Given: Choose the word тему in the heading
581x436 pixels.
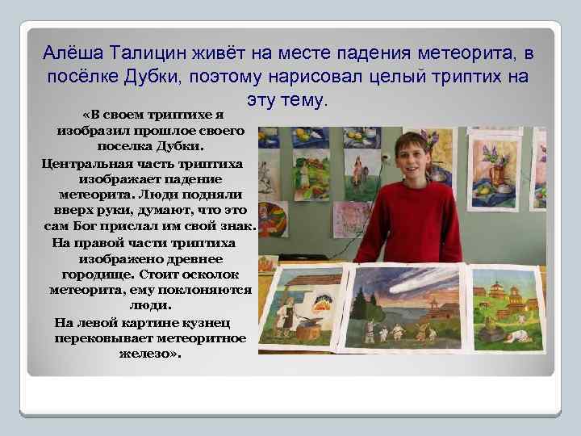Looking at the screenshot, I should (x=303, y=101).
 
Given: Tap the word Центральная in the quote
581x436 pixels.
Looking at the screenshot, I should (x=86, y=164).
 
